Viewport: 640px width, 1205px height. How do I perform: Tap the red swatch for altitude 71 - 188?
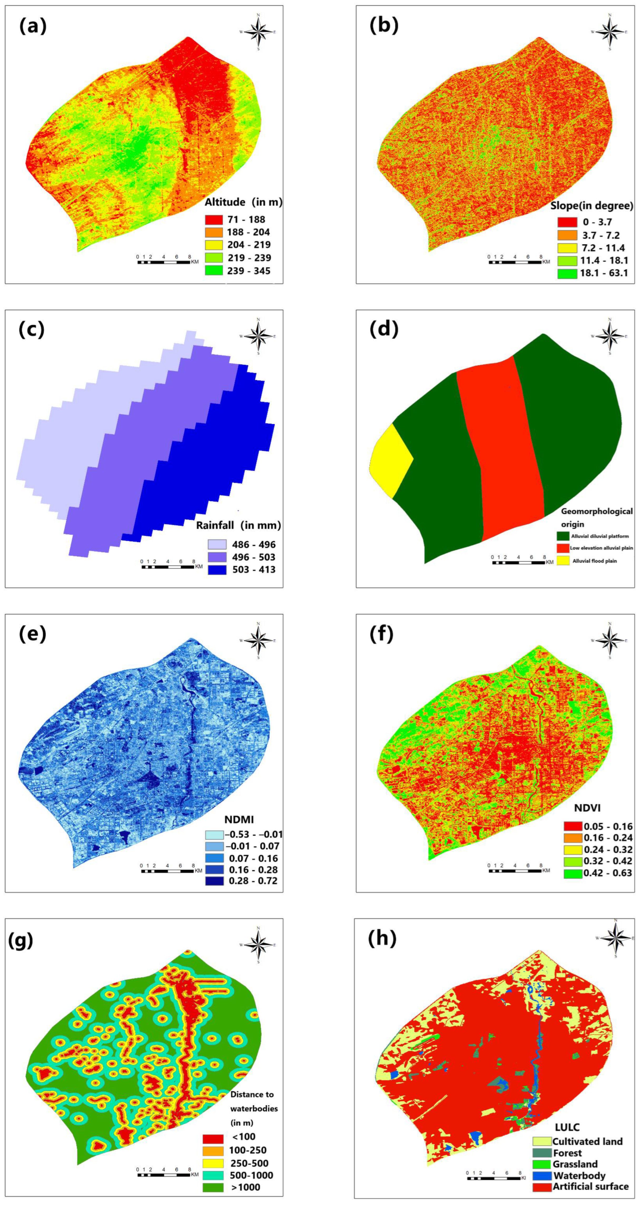(x=213, y=219)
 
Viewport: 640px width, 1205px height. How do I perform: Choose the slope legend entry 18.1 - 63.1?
(x=604, y=274)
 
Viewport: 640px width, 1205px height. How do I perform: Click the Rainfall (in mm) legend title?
(x=238, y=525)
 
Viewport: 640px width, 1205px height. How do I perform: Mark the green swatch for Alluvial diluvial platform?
(x=563, y=536)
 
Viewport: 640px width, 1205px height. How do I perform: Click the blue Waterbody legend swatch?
(x=542, y=1175)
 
